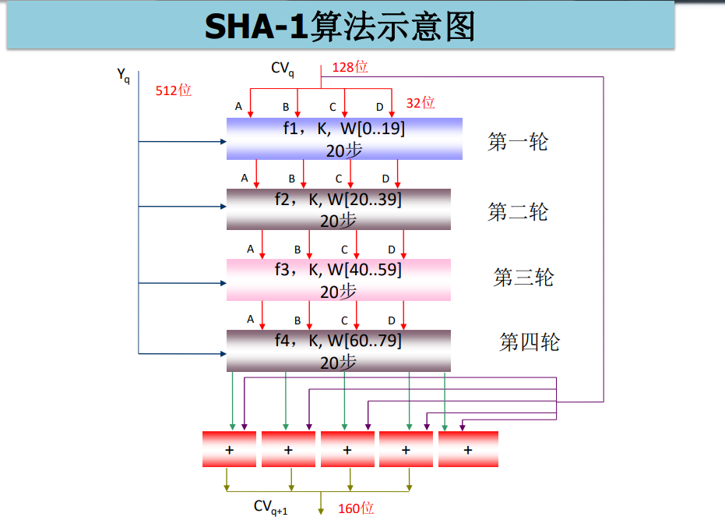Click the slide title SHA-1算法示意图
(x=340, y=27)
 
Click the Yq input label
(x=123, y=76)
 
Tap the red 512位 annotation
(x=173, y=90)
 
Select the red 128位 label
(x=350, y=67)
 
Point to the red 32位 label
(x=421, y=103)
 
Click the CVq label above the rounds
(x=283, y=69)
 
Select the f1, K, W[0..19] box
(x=344, y=139)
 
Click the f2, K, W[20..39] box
(x=339, y=209)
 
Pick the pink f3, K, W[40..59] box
(x=339, y=279)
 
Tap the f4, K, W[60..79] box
(x=339, y=350)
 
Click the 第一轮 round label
(x=518, y=142)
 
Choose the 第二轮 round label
(x=518, y=211)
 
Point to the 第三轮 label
(x=523, y=277)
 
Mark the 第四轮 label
(x=530, y=342)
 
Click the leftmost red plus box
(x=229, y=449)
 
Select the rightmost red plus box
(x=468, y=449)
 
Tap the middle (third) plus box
(x=347, y=449)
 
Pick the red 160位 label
(x=356, y=508)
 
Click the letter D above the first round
(x=380, y=107)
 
